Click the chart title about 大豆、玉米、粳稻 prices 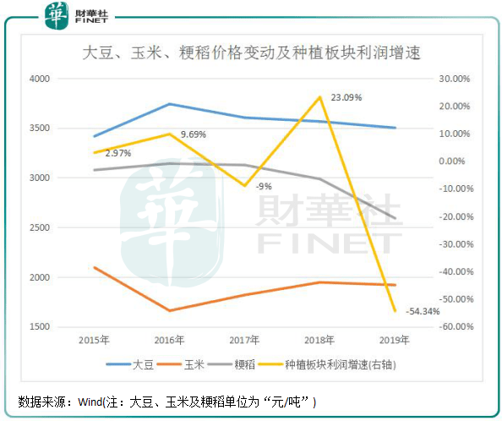coord(251,52)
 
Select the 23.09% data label coord(346,98)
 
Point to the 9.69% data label coord(193,134)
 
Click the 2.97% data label coord(118,153)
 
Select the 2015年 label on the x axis coord(94,341)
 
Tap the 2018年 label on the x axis coord(319,341)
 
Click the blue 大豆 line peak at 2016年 coord(169,104)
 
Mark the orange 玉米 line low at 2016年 coord(169,310)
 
